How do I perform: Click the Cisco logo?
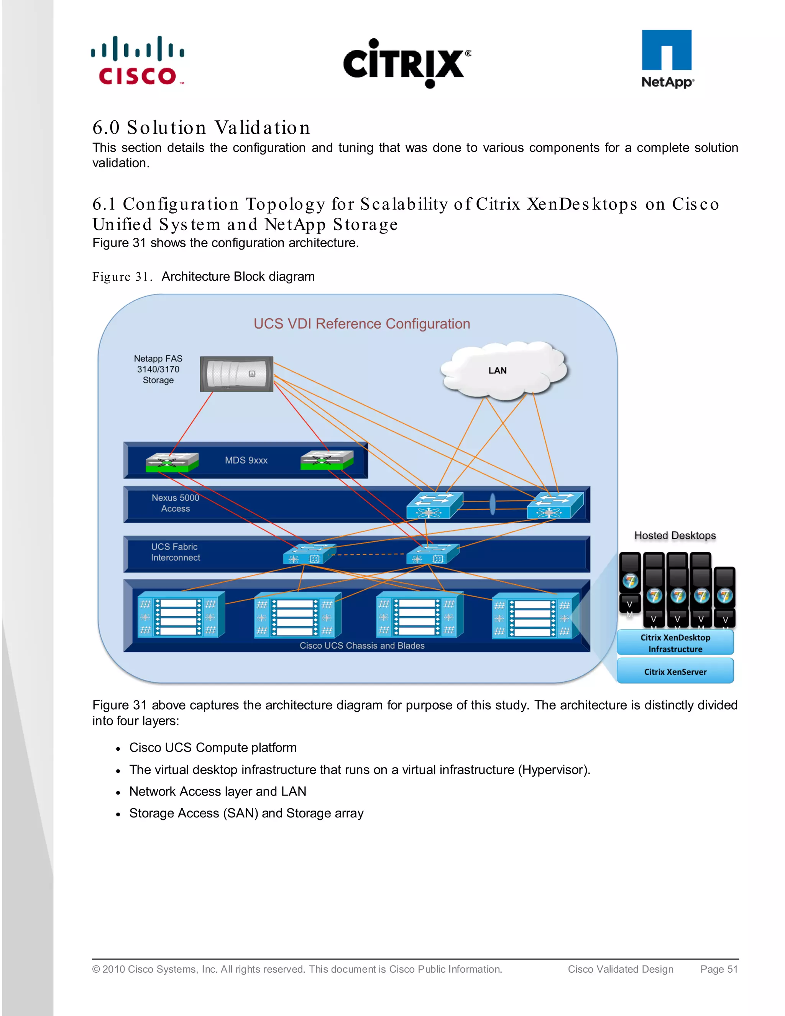click(138, 61)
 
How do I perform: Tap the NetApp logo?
click(667, 59)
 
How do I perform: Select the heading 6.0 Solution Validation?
click(201, 127)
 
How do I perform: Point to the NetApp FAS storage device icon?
click(236, 373)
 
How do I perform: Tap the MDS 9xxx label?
click(246, 460)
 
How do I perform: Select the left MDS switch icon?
click(172, 462)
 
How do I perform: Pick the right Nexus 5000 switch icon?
click(554, 505)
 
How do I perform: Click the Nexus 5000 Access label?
click(175, 503)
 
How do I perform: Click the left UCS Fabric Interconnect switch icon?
click(308, 554)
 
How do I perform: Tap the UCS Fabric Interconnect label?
click(175, 552)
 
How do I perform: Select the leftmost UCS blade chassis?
click(181, 615)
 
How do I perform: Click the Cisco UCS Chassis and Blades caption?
click(362, 645)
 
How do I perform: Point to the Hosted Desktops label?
click(675, 536)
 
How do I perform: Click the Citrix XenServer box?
click(675, 671)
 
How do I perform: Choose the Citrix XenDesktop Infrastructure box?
click(675, 643)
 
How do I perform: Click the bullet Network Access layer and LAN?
click(218, 791)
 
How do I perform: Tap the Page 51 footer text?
click(719, 969)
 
